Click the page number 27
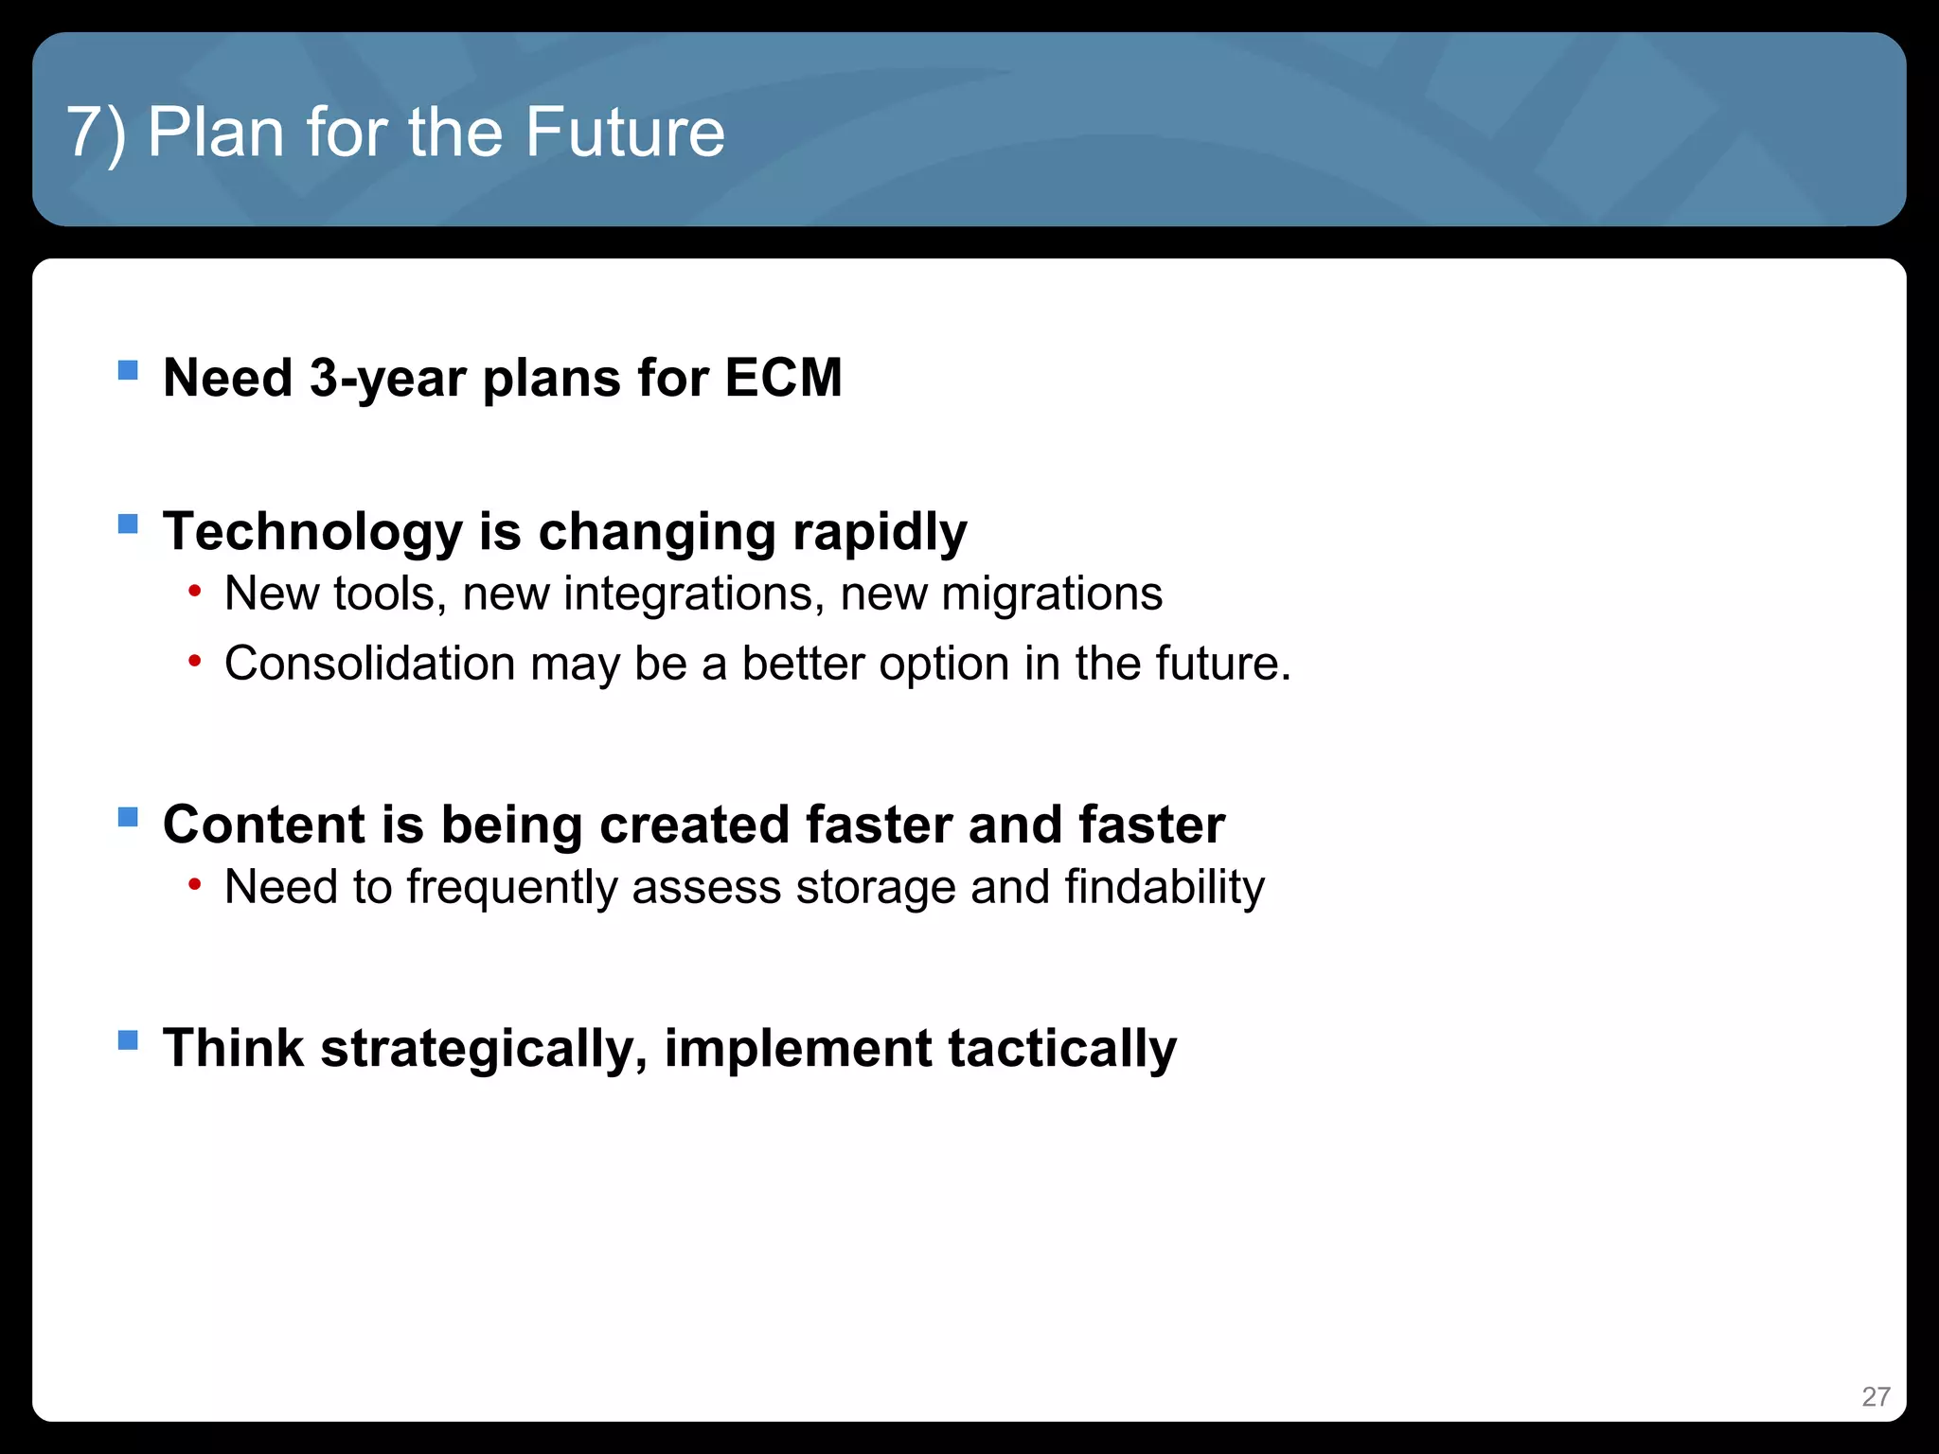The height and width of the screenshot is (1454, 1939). point(1875,1396)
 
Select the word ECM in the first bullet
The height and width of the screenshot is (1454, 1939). point(783,378)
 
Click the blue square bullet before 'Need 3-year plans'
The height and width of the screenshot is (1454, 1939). point(128,369)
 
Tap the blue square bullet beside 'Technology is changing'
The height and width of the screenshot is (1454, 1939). point(128,523)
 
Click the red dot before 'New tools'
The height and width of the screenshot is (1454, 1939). point(194,593)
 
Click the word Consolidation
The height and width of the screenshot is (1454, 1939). point(369,663)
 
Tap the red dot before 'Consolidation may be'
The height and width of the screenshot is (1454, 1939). point(194,661)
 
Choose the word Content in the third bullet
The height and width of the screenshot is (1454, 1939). point(264,824)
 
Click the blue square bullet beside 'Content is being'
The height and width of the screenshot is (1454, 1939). point(128,816)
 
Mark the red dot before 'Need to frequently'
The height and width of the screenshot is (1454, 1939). point(194,885)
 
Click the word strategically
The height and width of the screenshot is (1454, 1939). point(483,1049)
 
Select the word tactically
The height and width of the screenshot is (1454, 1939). point(1062,1049)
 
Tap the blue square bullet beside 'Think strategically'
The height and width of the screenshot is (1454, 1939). point(128,1040)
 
